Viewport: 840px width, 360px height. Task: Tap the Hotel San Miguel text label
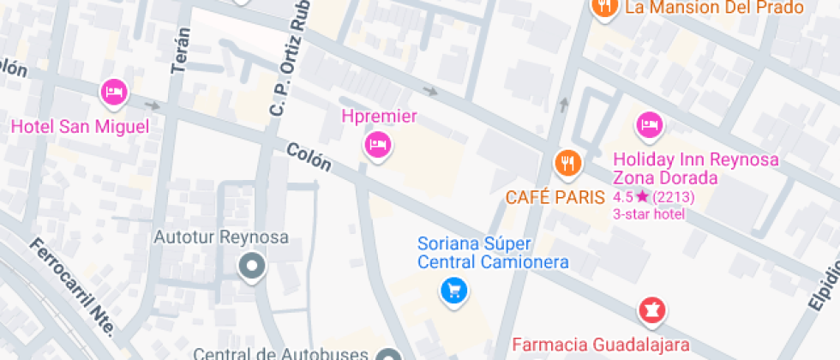tap(80, 127)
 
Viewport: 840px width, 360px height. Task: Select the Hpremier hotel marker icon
tap(377, 144)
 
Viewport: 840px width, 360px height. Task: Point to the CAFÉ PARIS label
tap(555, 197)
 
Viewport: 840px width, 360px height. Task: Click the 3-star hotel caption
tap(649, 213)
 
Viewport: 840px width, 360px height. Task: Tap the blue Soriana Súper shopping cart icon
tap(453, 291)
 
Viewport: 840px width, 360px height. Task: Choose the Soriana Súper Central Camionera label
tap(493, 253)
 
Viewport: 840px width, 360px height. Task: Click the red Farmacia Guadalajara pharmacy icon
tap(652, 309)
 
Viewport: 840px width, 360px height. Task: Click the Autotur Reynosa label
tap(220, 237)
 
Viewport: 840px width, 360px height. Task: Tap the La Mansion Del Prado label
tap(714, 8)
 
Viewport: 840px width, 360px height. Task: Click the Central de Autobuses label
tap(282, 353)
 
